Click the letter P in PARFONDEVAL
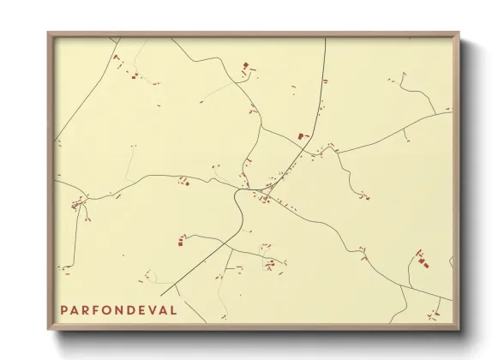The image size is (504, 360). point(63,309)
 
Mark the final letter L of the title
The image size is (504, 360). point(174,309)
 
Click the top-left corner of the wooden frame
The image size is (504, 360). point(48,33)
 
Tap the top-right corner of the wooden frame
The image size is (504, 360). point(459,33)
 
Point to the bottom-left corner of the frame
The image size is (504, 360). point(48,329)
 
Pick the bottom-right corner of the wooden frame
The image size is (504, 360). point(459,329)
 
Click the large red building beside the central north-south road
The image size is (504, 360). point(301,135)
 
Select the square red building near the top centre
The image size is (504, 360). point(246,65)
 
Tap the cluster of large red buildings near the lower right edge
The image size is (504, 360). point(421,259)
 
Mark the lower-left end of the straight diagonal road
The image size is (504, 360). point(161,296)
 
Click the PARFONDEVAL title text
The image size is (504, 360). point(118,309)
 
